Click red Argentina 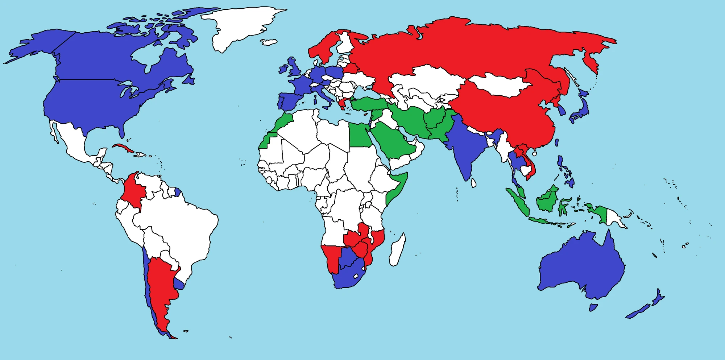coord(159,283)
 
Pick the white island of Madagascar coord(397,250)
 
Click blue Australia coord(580,268)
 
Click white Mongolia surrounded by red coord(500,85)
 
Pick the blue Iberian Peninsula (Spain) coord(288,102)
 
